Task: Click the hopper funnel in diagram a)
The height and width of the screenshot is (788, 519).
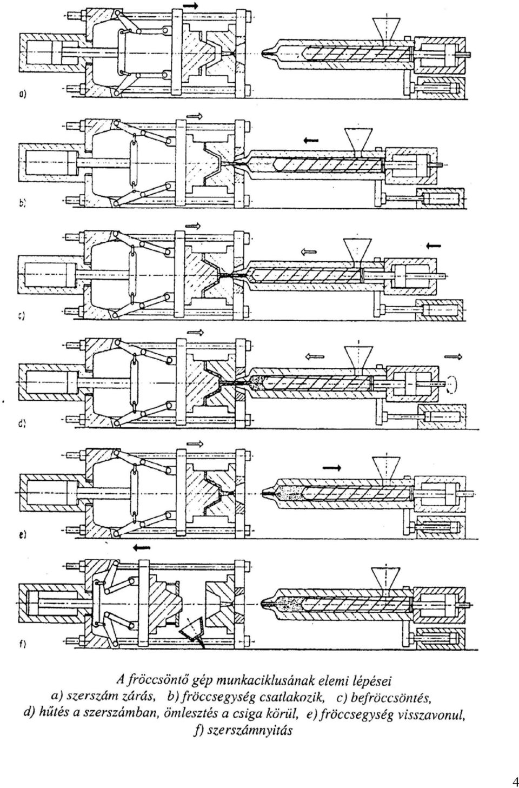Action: coord(387,29)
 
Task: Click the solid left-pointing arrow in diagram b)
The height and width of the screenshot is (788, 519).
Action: coord(311,141)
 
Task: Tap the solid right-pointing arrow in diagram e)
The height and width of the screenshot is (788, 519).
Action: coord(332,467)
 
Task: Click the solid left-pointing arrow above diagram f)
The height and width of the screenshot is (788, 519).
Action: coord(142,548)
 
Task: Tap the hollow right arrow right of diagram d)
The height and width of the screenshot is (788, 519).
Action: coord(453,357)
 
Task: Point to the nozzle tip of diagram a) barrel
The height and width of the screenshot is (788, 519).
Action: coord(264,54)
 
